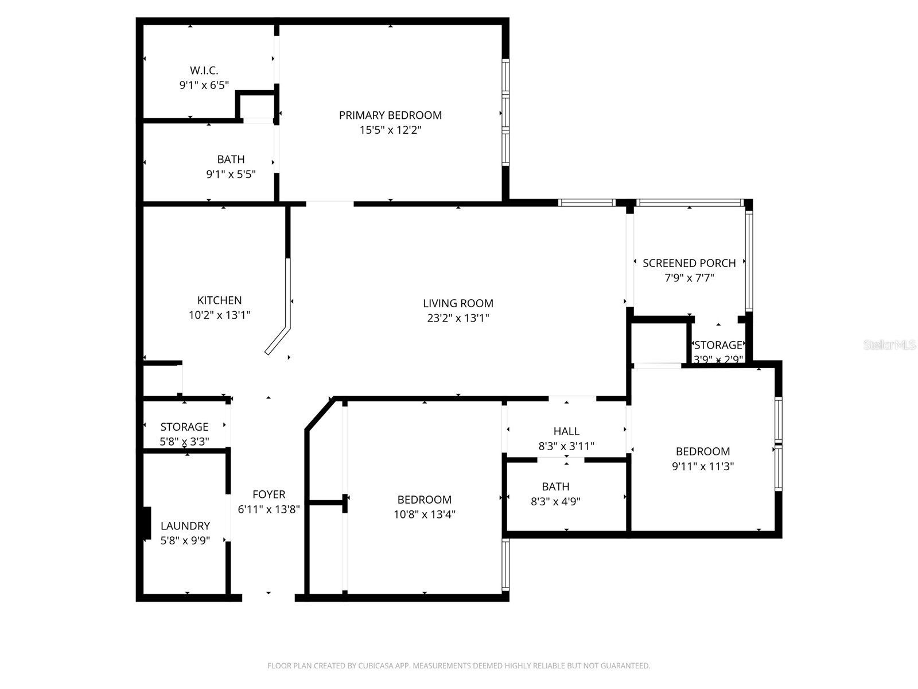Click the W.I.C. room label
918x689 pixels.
204,71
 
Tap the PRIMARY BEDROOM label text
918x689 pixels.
390,115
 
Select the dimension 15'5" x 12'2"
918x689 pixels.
390,130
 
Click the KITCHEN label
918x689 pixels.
219,300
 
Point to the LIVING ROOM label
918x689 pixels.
458,303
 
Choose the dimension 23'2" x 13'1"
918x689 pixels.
458,318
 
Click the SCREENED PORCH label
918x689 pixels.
689,263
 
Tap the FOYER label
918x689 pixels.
269,494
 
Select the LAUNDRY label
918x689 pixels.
185,525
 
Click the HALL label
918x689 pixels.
566,431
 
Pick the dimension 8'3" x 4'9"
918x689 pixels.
555,501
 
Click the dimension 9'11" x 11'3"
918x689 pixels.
703,466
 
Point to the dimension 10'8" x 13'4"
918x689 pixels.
425,514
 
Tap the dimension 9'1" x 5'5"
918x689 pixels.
231,174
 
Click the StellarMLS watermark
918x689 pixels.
889,345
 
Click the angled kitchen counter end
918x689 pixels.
278,342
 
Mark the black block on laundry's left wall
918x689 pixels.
147,523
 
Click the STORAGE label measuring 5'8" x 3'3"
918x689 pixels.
184,427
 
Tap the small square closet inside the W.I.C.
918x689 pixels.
256,106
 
